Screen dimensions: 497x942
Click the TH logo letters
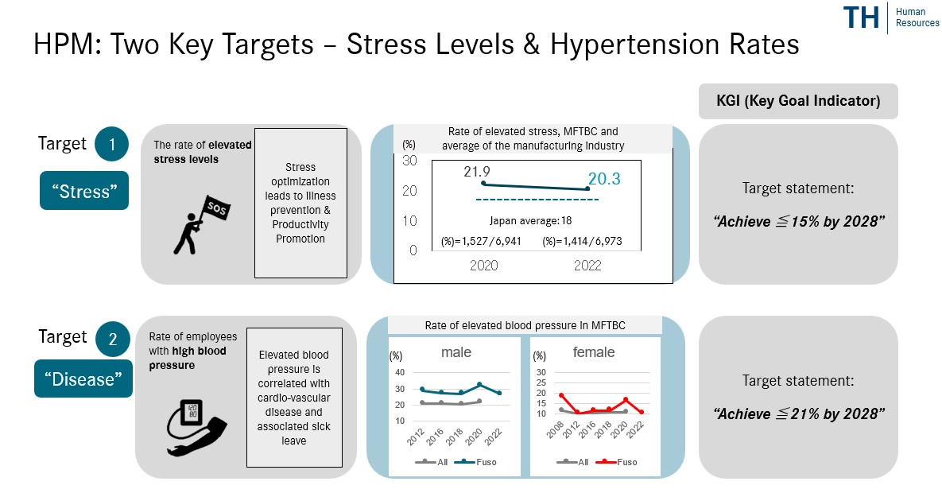861,18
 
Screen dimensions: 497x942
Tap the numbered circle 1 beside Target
111,146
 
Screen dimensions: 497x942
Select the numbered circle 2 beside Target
112,340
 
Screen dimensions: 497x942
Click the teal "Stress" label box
84,192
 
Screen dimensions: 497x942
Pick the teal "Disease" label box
83,379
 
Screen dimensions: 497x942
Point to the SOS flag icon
196,223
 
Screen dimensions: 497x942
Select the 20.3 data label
605,180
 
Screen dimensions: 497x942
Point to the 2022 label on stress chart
587,266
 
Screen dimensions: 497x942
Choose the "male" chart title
455,352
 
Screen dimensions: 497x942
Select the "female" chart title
593,352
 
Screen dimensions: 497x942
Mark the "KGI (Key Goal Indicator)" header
798,102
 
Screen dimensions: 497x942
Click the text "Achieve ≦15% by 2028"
798,221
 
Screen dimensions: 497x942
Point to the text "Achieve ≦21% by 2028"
798,414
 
